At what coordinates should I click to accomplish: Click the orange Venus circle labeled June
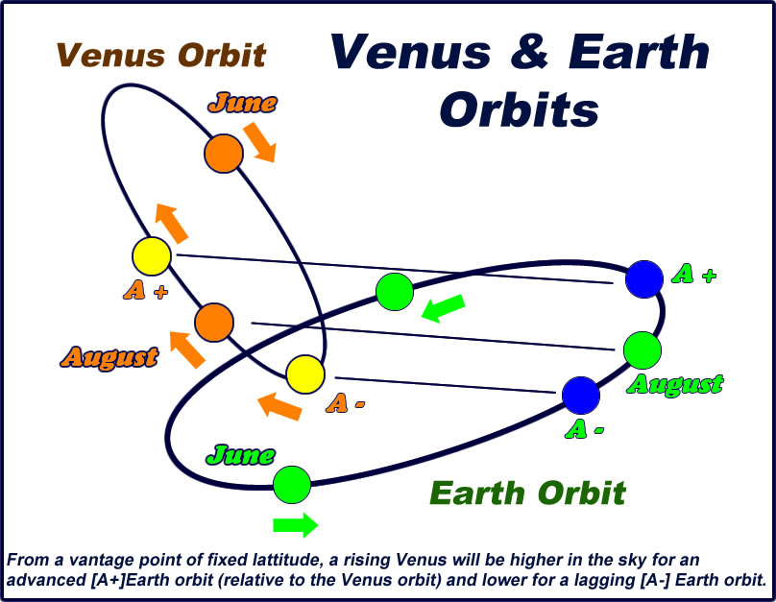(x=224, y=154)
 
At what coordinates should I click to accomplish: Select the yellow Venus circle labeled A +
(x=152, y=256)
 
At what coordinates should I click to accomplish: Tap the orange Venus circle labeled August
(x=214, y=323)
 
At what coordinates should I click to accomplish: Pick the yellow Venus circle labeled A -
(x=305, y=374)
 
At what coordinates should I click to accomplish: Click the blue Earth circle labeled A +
(x=644, y=279)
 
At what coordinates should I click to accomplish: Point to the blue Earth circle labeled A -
(x=581, y=396)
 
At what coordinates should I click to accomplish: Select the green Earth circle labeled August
(x=643, y=350)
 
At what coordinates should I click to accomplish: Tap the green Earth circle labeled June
(x=292, y=485)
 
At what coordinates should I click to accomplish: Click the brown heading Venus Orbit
(x=162, y=55)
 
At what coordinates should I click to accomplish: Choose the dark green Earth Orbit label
(x=527, y=493)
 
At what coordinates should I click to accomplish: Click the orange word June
(x=242, y=103)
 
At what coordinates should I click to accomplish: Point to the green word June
(x=240, y=455)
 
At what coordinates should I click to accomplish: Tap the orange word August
(x=109, y=357)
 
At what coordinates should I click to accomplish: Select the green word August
(x=675, y=385)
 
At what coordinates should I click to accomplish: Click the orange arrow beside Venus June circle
(x=259, y=142)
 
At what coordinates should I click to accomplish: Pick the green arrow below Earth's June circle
(x=296, y=525)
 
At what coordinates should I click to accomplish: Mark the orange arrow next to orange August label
(x=187, y=349)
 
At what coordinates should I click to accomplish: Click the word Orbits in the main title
(x=520, y=108)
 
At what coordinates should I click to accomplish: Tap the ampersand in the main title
(x=529, y=52)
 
